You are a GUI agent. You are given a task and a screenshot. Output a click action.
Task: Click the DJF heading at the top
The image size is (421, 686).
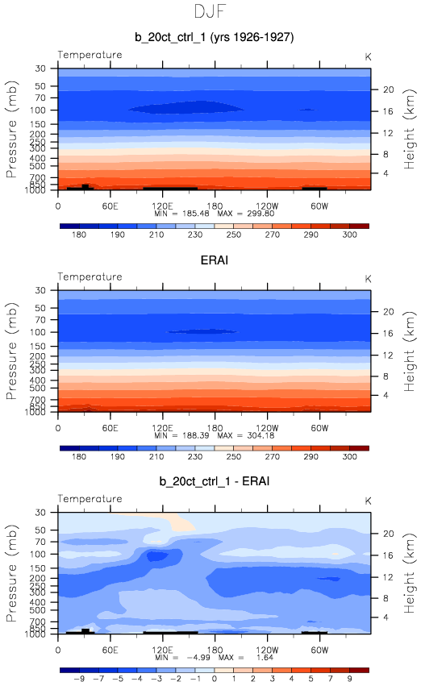[210, 11]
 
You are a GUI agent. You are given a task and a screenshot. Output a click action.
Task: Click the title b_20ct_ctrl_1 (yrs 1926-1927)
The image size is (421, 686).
[214, 37]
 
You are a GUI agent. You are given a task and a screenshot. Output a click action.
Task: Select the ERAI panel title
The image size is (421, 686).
[214, 260]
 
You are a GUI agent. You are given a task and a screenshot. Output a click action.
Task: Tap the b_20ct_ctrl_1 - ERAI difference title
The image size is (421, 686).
[214, 482]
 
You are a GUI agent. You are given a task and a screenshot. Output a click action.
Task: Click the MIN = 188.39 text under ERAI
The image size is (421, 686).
[181, 436]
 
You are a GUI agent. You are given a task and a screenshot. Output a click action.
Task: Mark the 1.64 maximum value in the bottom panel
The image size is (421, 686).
[265, 658]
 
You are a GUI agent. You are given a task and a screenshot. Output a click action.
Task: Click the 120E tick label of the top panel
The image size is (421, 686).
[162, 206]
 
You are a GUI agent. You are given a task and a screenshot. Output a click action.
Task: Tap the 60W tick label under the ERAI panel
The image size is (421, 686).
[319, 428]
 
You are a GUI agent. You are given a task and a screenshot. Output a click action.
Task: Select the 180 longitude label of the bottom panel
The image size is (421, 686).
[215, 650]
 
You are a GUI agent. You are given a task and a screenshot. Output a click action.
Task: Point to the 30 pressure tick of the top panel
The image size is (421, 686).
[40, 69]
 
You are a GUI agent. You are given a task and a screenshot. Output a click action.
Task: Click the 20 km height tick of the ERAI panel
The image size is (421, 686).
[389, 311]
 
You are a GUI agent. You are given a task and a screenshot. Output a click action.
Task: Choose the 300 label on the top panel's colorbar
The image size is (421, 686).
[350, 235]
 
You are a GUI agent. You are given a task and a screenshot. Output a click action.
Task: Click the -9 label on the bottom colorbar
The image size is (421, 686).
[79, 679]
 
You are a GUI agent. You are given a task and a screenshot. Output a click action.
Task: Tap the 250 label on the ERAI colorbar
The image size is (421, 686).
[234, 457]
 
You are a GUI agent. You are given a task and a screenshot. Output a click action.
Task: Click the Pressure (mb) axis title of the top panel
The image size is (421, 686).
[12, 129]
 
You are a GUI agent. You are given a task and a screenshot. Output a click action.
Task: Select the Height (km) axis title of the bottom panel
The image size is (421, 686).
[409, 573]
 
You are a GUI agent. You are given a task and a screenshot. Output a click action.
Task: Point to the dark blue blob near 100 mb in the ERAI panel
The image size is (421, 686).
[202, 331]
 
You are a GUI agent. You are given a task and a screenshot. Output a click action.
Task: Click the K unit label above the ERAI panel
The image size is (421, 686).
[368, 279]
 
